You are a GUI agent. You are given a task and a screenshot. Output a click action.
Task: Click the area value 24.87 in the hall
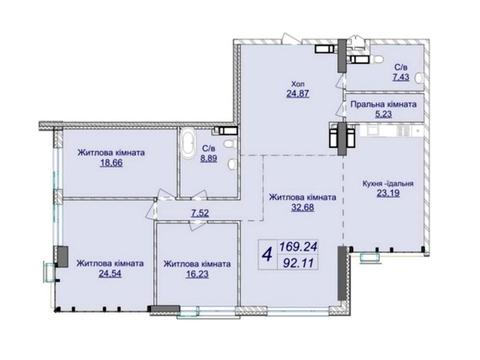point(298,93)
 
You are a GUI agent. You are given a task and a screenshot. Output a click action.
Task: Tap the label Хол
point(298,84)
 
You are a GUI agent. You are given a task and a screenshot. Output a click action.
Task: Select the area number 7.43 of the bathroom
point(401,77)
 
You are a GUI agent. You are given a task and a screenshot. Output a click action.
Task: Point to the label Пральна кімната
point(383,104)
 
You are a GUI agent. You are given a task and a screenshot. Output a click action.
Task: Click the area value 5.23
point(383,114)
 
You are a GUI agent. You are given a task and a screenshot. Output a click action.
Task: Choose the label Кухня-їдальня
point(388,183)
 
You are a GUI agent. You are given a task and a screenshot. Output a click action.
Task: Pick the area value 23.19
point(388,193)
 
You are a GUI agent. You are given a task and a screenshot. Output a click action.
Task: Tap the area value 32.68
point(303,207)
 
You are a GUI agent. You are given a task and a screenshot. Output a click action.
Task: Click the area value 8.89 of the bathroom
point(209,158)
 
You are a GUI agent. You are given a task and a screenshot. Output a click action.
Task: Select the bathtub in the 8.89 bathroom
point(188,146)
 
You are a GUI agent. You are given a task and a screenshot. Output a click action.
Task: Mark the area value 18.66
point(111,163)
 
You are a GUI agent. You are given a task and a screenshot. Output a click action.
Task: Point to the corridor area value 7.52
point(200,213)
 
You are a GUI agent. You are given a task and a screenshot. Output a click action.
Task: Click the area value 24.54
point(110,274)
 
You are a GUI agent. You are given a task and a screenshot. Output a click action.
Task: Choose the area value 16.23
point(197,274)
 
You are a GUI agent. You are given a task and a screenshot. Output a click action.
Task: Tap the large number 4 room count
point(267,255)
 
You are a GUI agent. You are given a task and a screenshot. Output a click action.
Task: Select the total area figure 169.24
point(298,247)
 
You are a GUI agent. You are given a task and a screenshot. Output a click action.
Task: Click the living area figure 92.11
point(298,263)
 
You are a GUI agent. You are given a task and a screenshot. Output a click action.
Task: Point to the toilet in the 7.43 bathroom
point(378,60)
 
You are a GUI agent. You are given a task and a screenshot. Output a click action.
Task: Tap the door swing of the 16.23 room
point(198,224)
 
